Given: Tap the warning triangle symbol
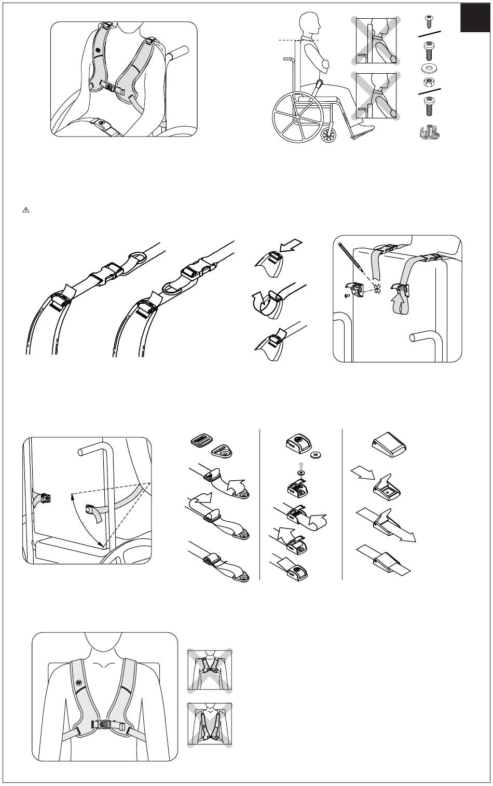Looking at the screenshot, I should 25,210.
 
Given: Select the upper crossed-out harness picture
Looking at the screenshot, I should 210,670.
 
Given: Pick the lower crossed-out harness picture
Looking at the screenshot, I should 210,725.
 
